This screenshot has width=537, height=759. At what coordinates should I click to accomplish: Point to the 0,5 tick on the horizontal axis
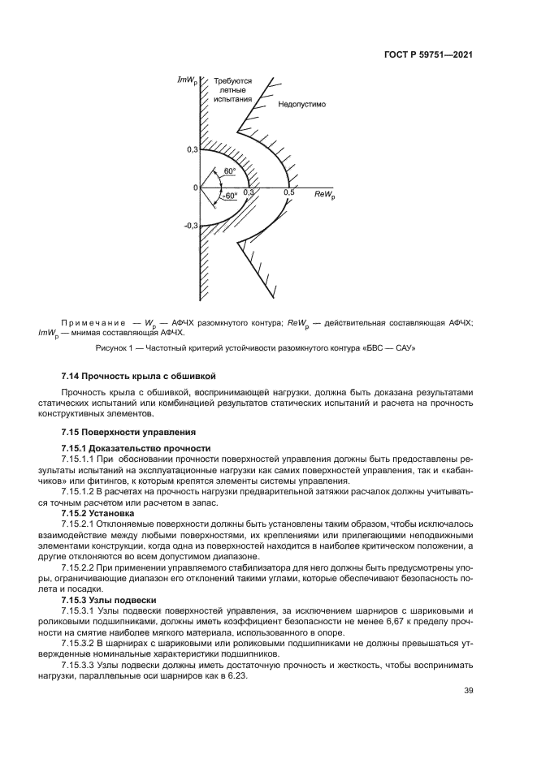tap(288, 192)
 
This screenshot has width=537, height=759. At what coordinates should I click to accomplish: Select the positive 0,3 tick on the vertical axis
tap(192, 150)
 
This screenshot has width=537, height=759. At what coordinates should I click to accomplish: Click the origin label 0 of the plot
tap(195, 188)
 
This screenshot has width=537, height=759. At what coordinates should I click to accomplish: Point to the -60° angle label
tap(230, 196)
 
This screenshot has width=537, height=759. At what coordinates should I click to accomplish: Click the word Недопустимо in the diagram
tap(301, 105)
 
